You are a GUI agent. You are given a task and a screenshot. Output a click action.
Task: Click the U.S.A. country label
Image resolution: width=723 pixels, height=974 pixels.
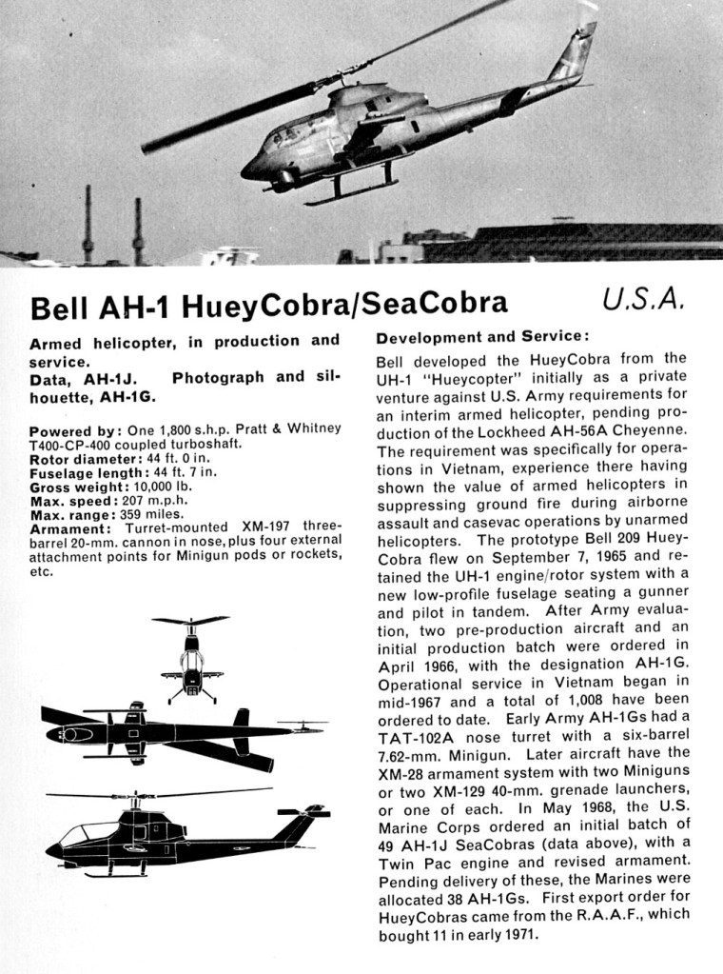click(643, 302)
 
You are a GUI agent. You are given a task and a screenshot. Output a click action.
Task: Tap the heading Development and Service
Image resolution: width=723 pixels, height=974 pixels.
click(482, 337)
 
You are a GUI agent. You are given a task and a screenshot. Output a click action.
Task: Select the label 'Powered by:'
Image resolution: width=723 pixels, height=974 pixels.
click(74, 430)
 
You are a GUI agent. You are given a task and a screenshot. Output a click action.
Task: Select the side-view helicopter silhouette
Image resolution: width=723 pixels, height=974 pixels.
click(181, 836)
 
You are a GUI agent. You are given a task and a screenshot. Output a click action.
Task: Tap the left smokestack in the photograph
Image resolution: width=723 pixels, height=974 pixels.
click(88, 224)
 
